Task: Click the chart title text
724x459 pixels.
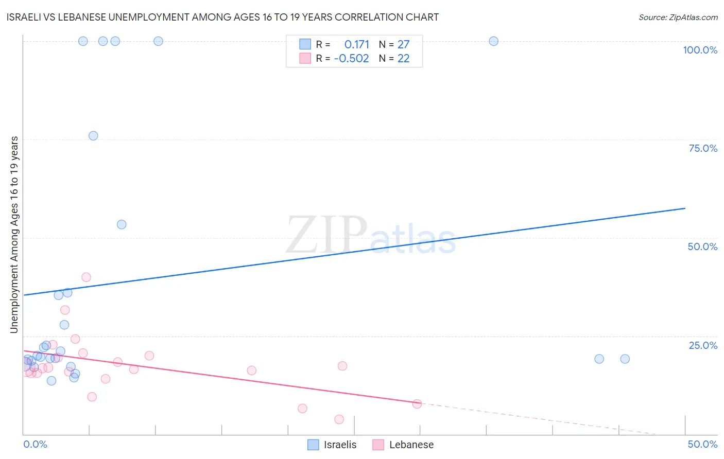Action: tap(222, 17)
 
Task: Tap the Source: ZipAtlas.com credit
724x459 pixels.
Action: tap(678, 17)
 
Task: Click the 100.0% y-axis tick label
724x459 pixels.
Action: tap(700, 50)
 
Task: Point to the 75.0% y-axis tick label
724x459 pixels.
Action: tap(703, 148)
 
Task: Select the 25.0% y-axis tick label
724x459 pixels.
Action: tap(703, 345)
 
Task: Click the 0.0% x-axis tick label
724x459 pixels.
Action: tap(35, 444)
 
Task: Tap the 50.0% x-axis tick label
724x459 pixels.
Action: tap(702, 444)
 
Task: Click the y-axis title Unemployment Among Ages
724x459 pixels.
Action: tap(14, 235)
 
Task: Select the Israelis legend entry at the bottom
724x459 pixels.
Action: tap(332, 445)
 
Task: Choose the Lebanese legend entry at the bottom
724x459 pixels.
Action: tap(404, 445)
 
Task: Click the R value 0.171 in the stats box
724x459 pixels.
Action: tap(356, 45)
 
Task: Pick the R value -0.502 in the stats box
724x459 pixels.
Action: tap(351, 59)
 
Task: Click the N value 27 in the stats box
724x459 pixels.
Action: tap(403, 45)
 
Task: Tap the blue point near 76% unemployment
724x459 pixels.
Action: tap(93, 136)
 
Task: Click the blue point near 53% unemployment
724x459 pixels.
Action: tap(122, 224)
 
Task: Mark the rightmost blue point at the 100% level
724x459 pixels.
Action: tap(493, 41)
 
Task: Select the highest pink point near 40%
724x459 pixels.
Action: tap(86, 277)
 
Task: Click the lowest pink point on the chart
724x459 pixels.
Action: tap(339, 419)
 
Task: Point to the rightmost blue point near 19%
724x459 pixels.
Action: tap(625, 359)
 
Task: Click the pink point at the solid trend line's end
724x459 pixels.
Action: tap(417, 404)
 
